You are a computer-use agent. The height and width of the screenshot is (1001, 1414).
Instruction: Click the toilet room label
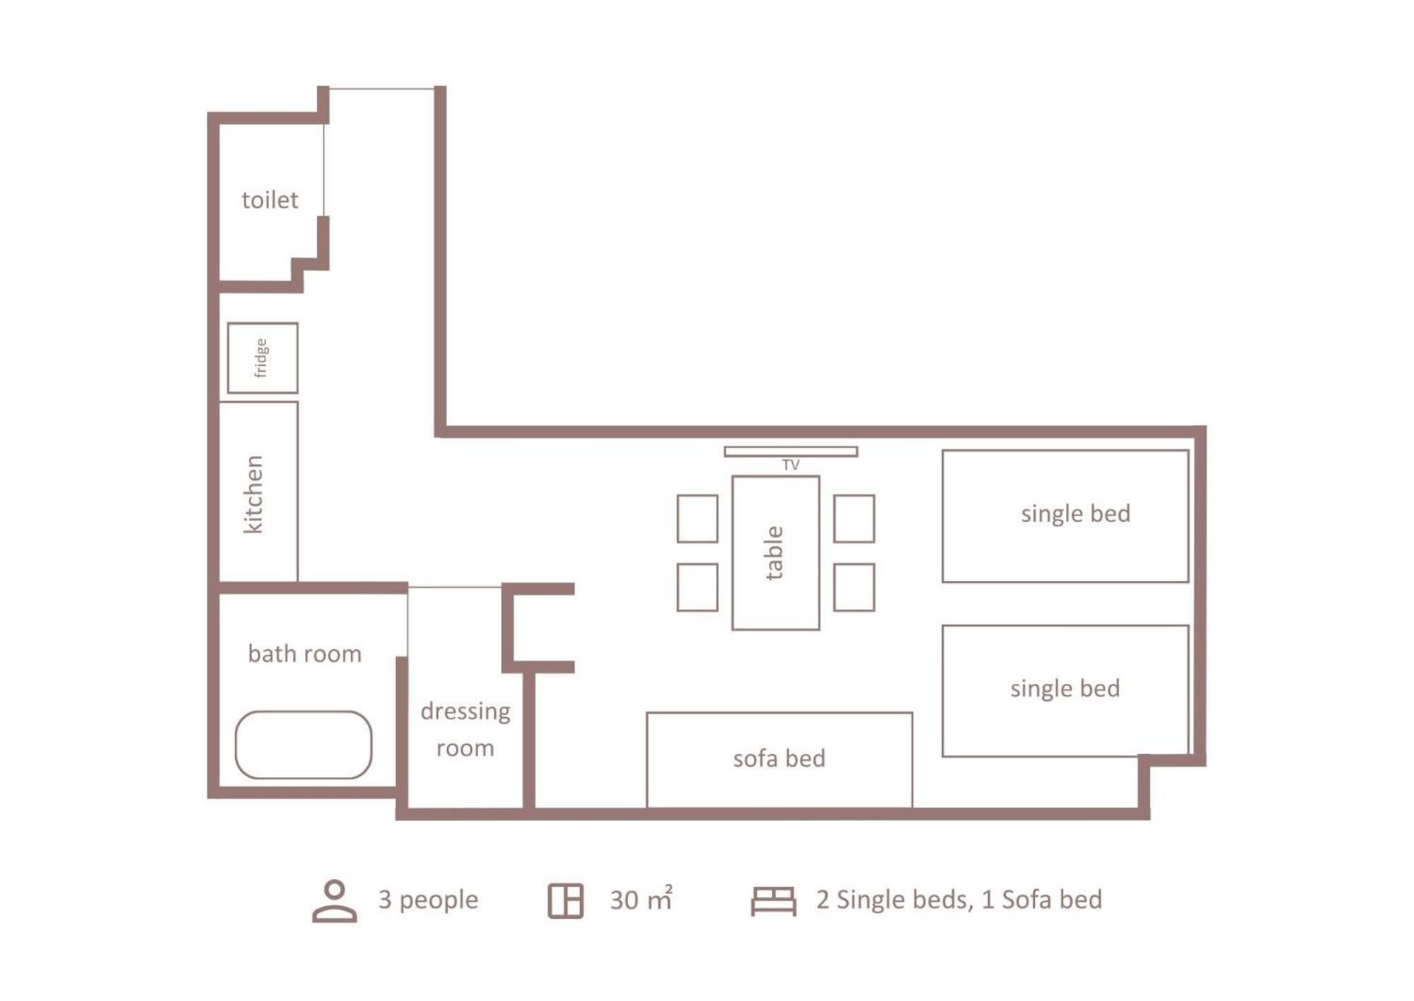pos(270,200)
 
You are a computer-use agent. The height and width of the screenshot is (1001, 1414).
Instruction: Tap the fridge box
pos(262,357)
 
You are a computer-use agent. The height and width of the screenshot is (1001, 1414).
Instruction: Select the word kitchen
pos(253,494)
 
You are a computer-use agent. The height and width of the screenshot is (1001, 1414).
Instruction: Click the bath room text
pos(305,653)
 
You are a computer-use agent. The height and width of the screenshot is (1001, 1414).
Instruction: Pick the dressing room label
pos(465,729)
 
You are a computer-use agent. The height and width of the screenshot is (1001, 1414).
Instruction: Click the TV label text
pos(791,465)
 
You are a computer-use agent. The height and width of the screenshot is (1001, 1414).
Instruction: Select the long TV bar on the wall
pos(791,452)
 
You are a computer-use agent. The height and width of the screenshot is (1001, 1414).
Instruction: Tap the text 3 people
pos(428,900)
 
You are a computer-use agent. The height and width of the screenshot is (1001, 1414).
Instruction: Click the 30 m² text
pos(641,898)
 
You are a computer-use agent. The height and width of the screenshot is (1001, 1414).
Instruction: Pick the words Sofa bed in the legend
pos(1052,900)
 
